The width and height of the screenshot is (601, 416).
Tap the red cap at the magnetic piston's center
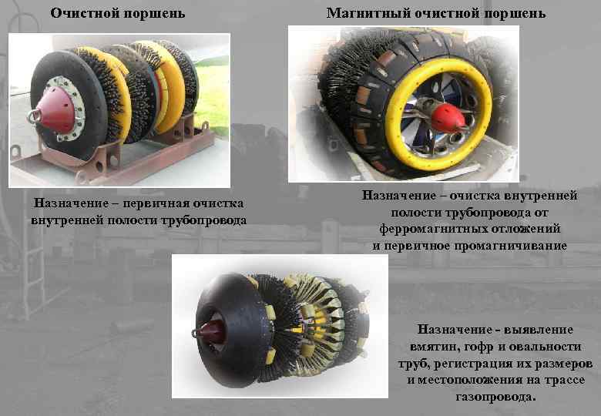(448, 118)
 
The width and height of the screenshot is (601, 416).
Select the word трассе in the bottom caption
(563, 381)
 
